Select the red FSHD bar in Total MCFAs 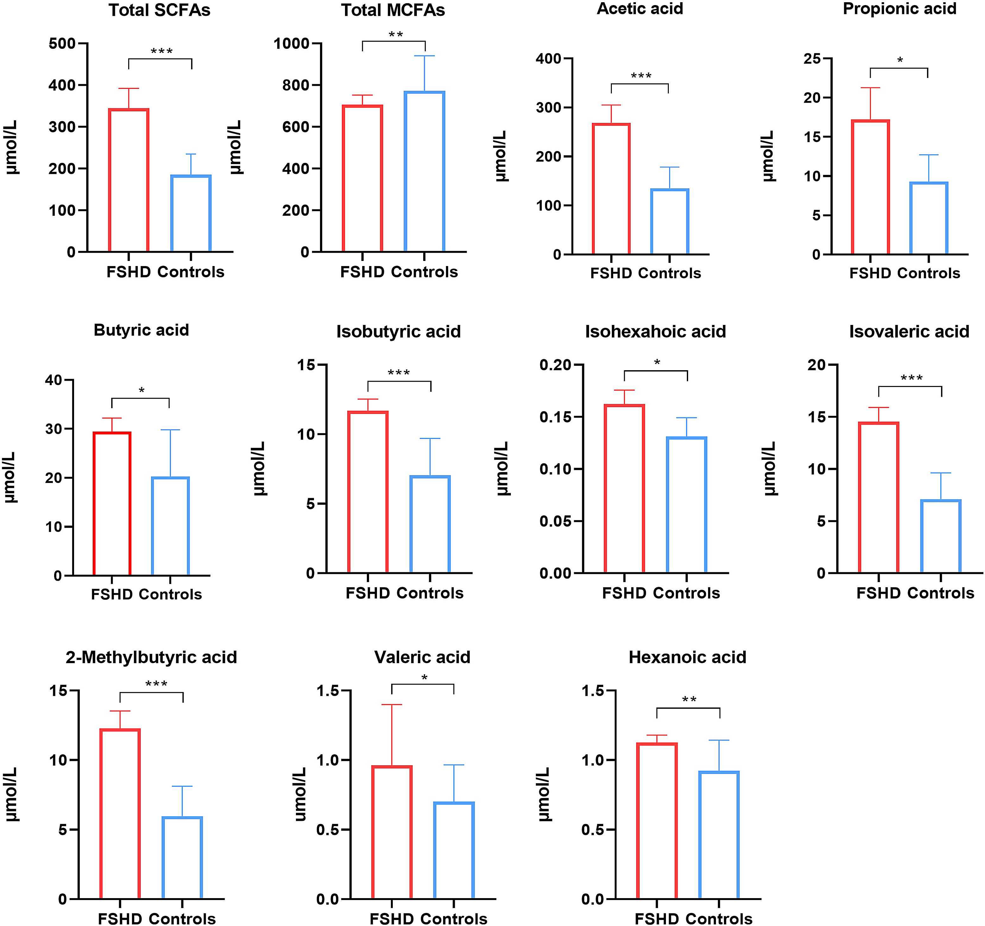click(362, 179)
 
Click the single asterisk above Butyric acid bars click(142, 390)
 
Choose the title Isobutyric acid click(398, 331)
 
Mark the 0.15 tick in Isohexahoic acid click(555, 417)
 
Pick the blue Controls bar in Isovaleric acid click(940, 536)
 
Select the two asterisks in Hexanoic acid click(689, 700)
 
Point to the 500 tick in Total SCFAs click(62, 44)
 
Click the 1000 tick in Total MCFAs click(291, 44)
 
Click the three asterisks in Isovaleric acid click(911, 378)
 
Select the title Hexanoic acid click(687, 657)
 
